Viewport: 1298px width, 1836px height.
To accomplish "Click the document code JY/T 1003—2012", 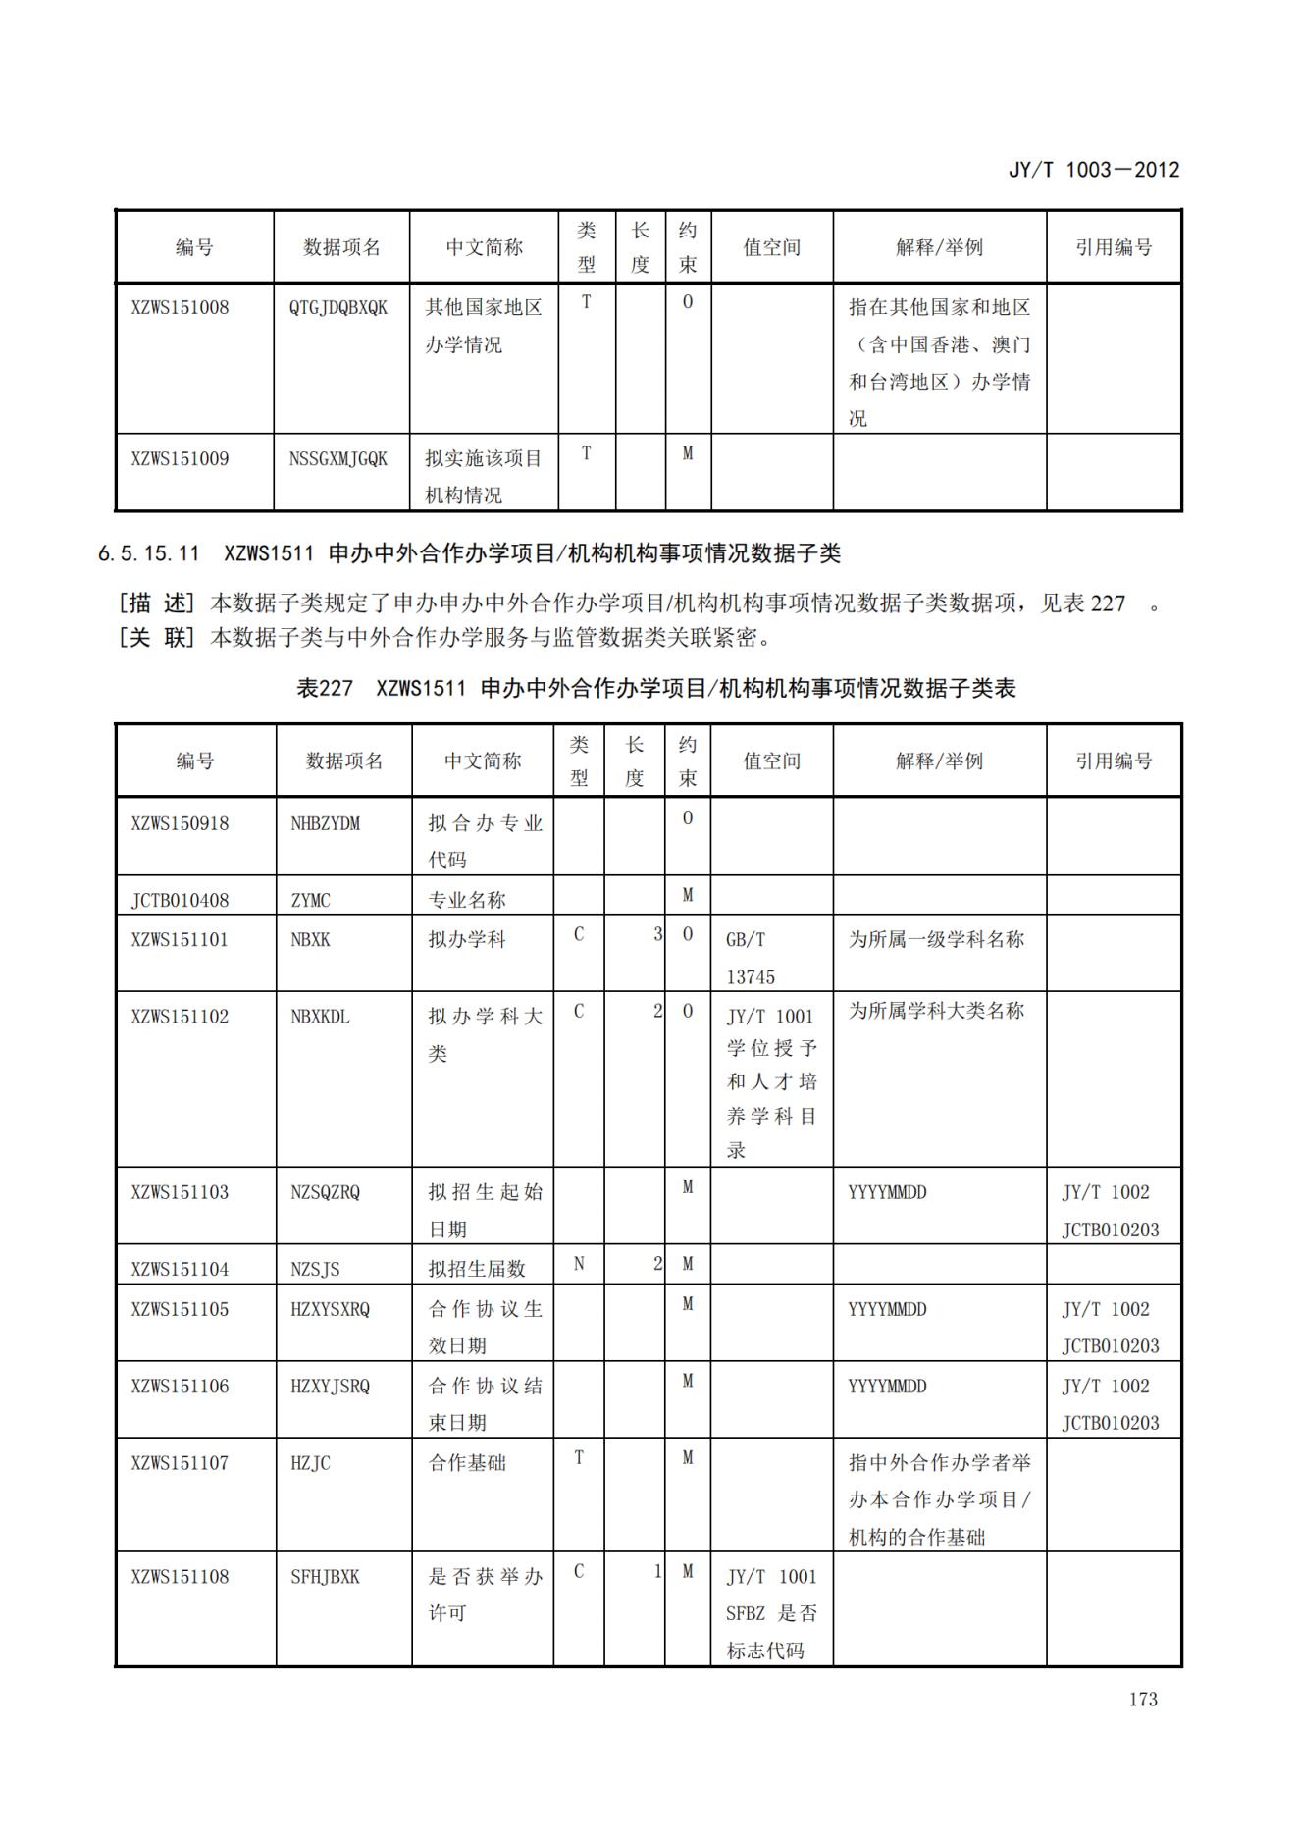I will tap(1093, 170).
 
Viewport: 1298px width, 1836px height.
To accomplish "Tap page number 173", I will tap(1143, 1699).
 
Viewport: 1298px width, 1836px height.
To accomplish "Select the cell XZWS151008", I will tap(180, 307).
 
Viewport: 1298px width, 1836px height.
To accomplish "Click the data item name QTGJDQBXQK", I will tap(338, 307).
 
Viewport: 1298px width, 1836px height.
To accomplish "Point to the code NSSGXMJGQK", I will tap(338, 458).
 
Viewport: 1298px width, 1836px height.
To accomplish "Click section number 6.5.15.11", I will tap(149, 553).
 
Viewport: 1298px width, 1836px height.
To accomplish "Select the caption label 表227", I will tap(325, 688).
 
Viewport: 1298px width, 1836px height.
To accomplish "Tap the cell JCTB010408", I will tap(180, 900).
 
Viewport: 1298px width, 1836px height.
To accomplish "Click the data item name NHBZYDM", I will tap(326, 823).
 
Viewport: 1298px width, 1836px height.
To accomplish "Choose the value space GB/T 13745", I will tap(751, 958).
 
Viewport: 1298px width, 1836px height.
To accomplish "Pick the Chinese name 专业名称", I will tap(467, 900).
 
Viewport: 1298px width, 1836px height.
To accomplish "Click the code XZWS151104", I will tap(180, 1269).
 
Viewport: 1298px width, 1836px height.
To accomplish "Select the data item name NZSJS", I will tap(316, 1269).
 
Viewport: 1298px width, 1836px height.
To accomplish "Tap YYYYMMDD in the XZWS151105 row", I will tap(887, 1309).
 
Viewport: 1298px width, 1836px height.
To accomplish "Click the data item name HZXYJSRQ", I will tap(331, 1386).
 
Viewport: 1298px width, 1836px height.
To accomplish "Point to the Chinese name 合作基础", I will tap(467, 1462).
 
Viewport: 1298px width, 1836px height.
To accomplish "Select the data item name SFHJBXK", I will tap(326, 1576).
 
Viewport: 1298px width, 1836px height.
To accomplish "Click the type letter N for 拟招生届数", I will tap(579, 1264).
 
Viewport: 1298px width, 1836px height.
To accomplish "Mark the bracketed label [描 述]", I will tap(157, 603).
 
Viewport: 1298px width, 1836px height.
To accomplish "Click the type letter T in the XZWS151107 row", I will tap(579, 1457).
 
